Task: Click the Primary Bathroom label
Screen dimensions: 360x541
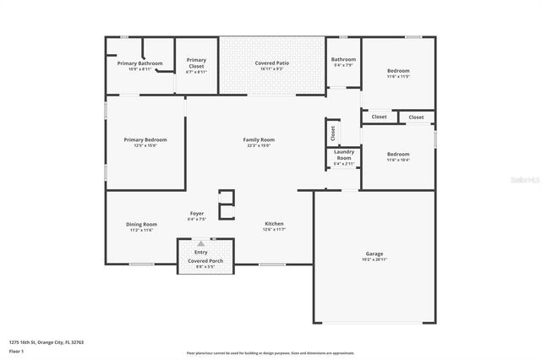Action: (x=139, y=63)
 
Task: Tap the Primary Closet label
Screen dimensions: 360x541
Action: (x=196, y=60)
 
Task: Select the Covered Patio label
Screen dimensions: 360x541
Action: (x=272, y=63)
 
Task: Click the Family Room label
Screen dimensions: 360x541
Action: (x=259, y=139)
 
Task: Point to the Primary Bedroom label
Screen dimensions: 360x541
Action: (x=145, y=139)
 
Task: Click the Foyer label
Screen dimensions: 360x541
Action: (x=197, y=214)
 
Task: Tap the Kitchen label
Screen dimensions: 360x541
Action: (x=275, y=224)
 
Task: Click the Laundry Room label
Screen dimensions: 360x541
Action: (x=343, y=155)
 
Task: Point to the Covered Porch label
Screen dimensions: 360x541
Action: (x=205, y=261)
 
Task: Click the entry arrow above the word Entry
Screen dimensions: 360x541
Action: (x=201, y=243)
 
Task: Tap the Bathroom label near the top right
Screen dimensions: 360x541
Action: (x=343, y=59)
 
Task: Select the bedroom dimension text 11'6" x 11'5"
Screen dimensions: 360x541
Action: (x=398, y=77)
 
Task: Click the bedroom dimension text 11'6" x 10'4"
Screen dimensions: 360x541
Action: (x=398, y=160)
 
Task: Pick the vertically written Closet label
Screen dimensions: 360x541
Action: (x=333, y=133)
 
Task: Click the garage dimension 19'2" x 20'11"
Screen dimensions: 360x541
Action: (x=374, y=259)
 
